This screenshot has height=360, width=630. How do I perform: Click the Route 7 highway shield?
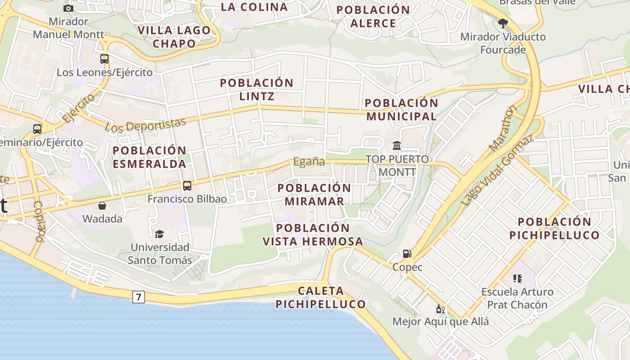[139, 297]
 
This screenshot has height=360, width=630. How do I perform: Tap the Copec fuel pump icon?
[407, 254]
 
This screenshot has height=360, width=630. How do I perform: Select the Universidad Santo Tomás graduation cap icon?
[159, 234]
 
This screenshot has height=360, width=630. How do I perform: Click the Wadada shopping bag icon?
[102, 206]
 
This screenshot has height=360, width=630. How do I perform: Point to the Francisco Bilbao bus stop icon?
[187, 185]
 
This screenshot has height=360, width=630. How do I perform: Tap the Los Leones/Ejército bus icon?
[104, 58]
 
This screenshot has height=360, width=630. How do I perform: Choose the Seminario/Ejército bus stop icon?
[37, 129]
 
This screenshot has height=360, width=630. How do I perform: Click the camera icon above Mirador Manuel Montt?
[68, 8]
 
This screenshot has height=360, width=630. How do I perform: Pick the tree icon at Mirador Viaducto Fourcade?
[503, 23]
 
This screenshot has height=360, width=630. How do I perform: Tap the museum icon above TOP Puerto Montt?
[397, 145]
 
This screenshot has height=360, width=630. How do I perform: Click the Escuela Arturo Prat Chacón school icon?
[517, 279]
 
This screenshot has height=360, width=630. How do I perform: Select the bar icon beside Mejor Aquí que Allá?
[440, 309]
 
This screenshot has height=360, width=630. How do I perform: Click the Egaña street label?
[309, 162]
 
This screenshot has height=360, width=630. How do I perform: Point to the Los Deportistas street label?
[145, 125]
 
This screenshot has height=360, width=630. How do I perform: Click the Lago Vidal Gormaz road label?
[498, 170]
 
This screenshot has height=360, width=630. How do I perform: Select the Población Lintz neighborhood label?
[256, 89]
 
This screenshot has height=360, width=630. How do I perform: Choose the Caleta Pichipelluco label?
[320, 297]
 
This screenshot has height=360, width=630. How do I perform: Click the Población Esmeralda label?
[149, 157]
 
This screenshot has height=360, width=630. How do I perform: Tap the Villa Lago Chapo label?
[174, 37]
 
